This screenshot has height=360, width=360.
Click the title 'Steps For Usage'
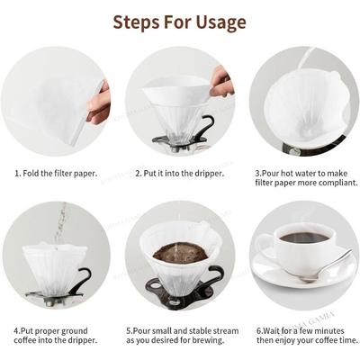[x=180, y=21]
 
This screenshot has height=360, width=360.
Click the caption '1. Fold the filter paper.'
[x=56, y=171]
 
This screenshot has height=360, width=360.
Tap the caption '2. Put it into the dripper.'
[x=179, y=171]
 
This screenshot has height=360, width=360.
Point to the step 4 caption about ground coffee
[x=56, y=336]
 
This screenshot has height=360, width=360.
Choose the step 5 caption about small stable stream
[x=182, y=336]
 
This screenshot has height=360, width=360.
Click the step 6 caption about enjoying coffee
[x=306, y=336]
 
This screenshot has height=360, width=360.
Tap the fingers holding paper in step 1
[x=100, y=102]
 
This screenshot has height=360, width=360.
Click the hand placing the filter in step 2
[x=220, y=83]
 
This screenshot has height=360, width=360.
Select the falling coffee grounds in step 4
[x=60, y=220]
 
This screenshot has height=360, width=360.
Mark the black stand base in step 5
[x=180, y=297]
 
